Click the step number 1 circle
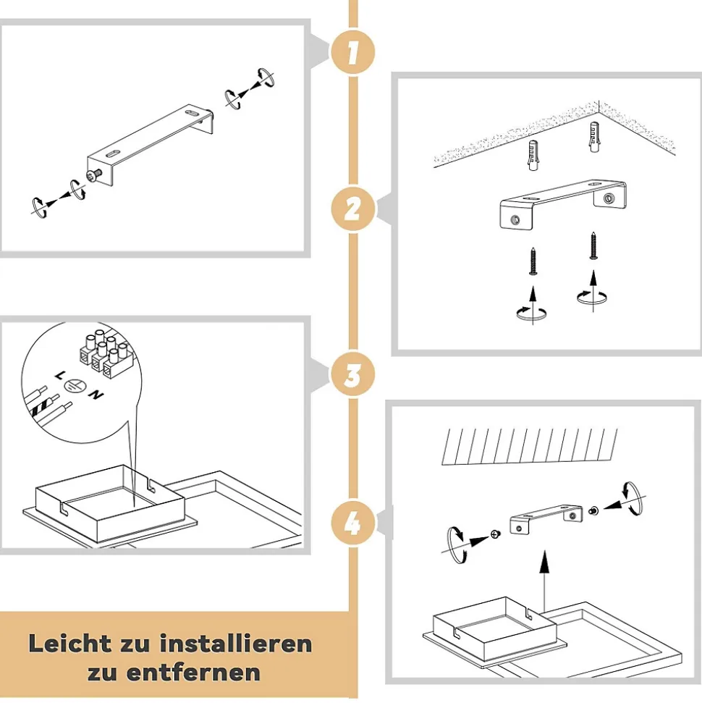352,52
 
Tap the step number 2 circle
352,209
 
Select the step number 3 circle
352,375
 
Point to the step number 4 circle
352,523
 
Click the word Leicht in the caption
70,644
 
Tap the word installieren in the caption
236,644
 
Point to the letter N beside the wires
96,395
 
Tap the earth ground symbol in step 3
73,384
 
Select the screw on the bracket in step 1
95,176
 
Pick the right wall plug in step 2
594,137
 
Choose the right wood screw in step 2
594,245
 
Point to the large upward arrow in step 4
544,581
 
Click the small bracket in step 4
546,519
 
